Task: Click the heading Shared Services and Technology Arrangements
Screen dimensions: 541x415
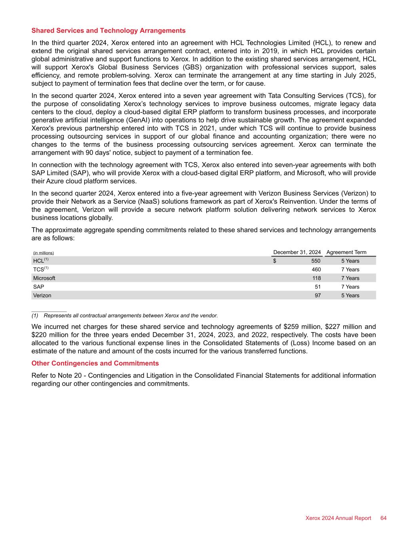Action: [x=108, y=31]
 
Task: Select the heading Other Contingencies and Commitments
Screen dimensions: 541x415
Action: [x=95, y=363]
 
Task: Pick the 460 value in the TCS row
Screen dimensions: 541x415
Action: [x=316, y=270]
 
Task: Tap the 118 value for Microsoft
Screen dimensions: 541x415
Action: [x=316, y=278]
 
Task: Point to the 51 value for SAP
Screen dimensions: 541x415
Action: [x=318, y=287]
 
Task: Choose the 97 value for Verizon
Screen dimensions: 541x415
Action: [x=318, y=295]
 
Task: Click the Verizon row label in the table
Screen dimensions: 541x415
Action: [x=42, y=295]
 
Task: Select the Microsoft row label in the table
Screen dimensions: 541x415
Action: [x=44, y=278]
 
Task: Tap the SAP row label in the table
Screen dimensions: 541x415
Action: [x=38, y=287]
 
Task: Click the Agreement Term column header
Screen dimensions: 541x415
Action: [x=346, y=252]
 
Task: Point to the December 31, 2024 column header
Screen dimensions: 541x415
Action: [x=297, y=252]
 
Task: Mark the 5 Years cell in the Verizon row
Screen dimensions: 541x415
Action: [x=350, y=295]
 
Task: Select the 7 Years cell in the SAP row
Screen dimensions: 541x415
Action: [x=350, y=287]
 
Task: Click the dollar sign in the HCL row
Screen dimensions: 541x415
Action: [x=274, y=261]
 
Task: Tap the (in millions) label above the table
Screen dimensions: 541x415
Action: [x=43, y=253]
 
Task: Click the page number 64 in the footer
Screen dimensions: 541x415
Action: [x=383, y=518]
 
